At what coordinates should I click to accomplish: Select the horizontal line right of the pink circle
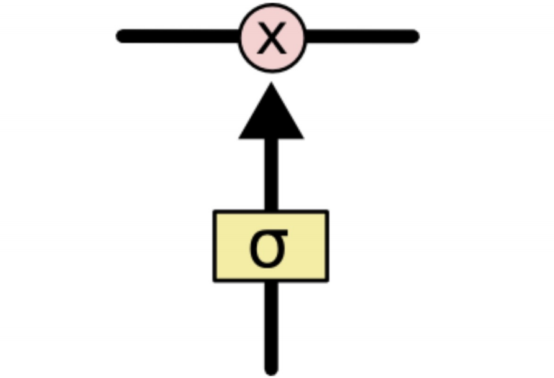coord(361,36)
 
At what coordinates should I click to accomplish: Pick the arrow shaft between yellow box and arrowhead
coord(271,174)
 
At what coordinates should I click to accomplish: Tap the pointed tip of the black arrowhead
coord(271,84)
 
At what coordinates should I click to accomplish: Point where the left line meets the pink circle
coord(240,36)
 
